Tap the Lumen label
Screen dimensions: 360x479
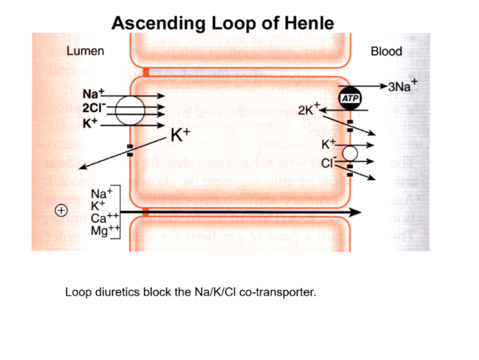[x=85, y=51]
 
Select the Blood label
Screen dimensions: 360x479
[x=386, y=51]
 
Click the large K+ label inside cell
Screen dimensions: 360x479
[x=180, y=135]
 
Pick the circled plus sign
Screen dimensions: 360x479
[x=60, y=211]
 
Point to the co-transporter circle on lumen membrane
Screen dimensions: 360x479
[x=130, y=110]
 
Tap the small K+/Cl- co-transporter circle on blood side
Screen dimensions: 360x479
[x=350, y=153]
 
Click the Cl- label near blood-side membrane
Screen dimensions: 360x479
[x=327, y=162]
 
